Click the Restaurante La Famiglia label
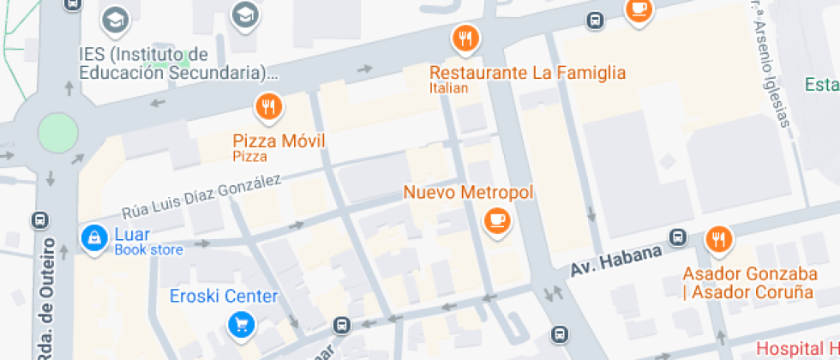point(527,73)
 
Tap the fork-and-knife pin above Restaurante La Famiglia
point(465,38)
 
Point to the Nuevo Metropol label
point(468,192)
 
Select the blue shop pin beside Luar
point(91,237)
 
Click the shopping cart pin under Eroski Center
point(240,325)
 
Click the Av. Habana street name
point(616,259)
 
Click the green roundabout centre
point(57,134)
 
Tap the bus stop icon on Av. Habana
point(678,237)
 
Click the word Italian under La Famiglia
point(449,88)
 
